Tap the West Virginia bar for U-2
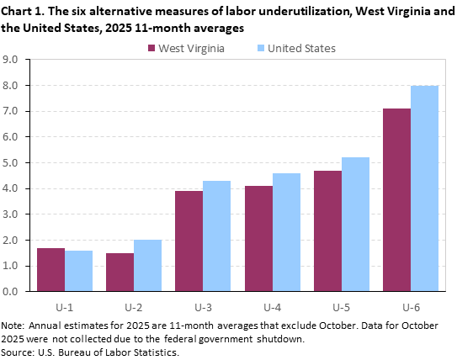(120, 273)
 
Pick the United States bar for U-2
(147, 266)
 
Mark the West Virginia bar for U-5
(327, 231)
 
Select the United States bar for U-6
(424, 188)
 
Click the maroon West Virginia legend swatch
(153, 48)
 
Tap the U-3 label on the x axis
(203, 307)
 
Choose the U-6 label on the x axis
(411, 307)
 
